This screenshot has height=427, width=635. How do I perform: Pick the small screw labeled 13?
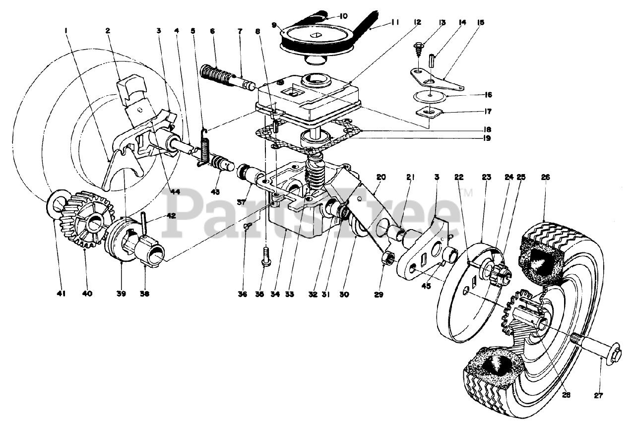point(419,48)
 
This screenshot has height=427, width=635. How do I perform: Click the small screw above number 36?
point(247,226)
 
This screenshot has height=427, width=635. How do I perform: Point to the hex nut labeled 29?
point(388,258)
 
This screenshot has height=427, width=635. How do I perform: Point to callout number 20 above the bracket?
point(381,177)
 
